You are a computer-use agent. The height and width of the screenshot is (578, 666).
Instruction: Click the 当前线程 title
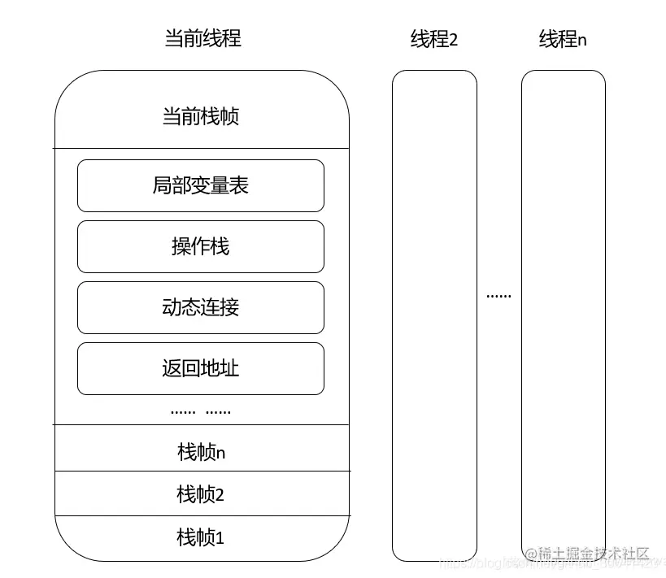coord(202,38)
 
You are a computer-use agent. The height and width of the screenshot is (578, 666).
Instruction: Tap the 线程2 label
coord(433,39)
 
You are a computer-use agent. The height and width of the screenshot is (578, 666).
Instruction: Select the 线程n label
coord(563,39)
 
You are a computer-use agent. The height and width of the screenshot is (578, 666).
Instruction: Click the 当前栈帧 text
coord(201,116)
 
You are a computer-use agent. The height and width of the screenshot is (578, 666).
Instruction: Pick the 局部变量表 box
coord(200,185)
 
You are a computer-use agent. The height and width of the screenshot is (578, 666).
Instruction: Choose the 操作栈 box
coord(200,246)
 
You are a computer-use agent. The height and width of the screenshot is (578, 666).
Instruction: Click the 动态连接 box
coord(200,307)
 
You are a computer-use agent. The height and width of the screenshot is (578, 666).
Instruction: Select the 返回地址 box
coord(200,368)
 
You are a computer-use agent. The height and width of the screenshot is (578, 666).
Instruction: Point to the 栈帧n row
coord(201,451)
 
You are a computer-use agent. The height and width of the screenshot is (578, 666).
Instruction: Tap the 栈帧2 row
coord(201,493)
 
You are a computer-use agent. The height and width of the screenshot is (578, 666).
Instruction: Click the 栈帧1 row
coord(201,537)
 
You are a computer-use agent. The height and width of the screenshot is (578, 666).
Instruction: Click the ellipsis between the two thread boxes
coord(498,296)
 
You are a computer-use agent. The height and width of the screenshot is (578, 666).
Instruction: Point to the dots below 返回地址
coord(201,411)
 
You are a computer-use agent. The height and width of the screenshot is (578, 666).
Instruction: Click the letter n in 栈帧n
coord(220,453)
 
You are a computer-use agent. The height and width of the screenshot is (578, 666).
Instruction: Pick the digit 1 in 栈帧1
coord(220,538)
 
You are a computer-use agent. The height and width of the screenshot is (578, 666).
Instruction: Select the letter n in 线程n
coord(582,41)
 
